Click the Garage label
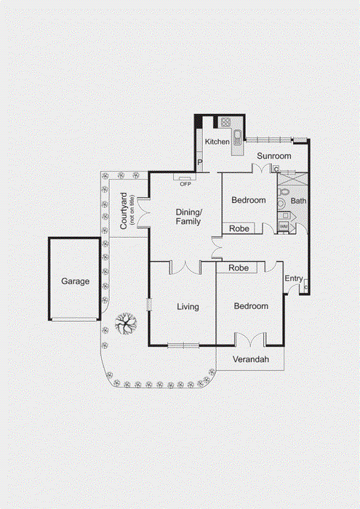click(75, 281)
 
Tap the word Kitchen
click(217, 142)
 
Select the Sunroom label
click(274, 156)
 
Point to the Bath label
click(298, 201)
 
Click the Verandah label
click(251, 360)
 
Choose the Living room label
click(188, 307)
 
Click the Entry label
click(294, 278)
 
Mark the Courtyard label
click(125, 212)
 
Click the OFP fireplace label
click(185, 183)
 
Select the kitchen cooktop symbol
click(226, 122)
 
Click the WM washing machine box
click(284, 228)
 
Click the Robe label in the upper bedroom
click(239, 228)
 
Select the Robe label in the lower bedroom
click(239, 268)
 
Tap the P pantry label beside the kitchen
click(199, 164)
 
